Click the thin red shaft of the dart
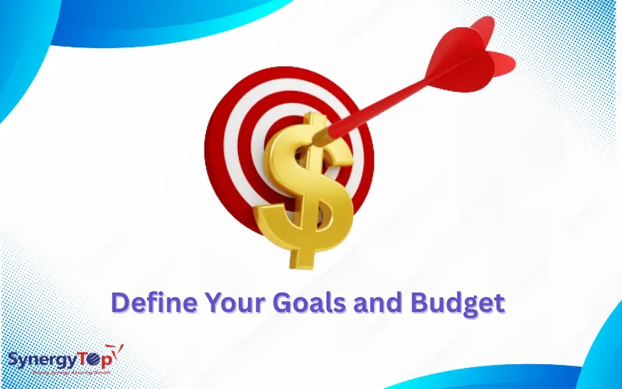tap(389, 101)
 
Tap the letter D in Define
tap(119, 302)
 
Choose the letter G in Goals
tap(281, 302)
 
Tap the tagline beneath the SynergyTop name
tap(62, 373)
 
